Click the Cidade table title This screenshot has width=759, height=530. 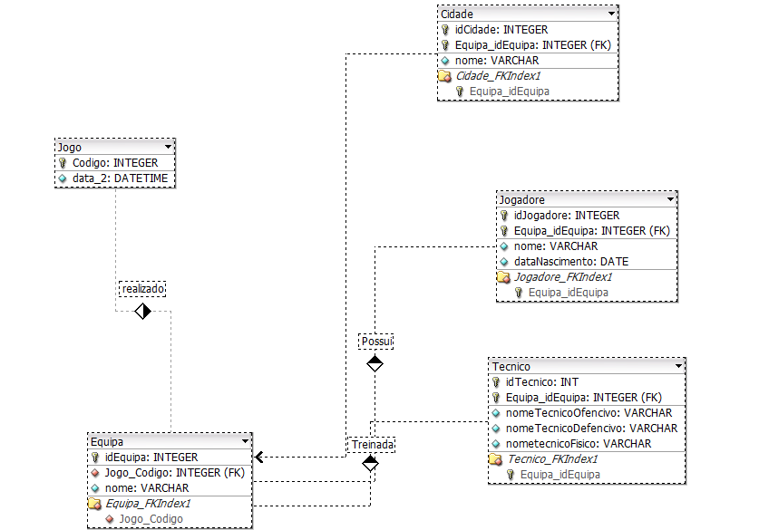coord(456,14)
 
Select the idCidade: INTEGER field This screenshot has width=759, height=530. coord(501,30)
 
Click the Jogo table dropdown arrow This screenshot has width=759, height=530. coord(168,147)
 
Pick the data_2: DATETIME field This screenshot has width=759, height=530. coord(120,178)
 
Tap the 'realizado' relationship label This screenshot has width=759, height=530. coord(142,289)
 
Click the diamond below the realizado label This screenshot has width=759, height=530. coord(142,311)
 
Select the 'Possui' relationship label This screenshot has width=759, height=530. coord(376,342)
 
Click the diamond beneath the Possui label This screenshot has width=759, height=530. coord(375,363)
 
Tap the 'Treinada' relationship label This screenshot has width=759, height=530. coord(372,445)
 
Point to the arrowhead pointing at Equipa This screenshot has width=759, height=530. coord(258,457)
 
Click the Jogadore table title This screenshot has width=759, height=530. coord(521,199)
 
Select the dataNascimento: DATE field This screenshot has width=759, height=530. coord(571,262)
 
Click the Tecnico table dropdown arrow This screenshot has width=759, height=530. coord(678,366)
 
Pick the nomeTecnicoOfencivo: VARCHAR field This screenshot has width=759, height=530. coord(589,413)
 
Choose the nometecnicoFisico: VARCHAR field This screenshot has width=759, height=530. coord(579,444)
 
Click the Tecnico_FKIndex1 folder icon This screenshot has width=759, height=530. coord(495,459)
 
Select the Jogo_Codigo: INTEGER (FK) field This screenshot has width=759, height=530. coord(175,472)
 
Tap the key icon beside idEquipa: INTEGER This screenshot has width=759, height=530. coord(95,458)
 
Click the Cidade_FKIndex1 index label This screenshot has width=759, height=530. coord(498,76)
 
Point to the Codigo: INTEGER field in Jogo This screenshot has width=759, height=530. coord(115,163)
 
